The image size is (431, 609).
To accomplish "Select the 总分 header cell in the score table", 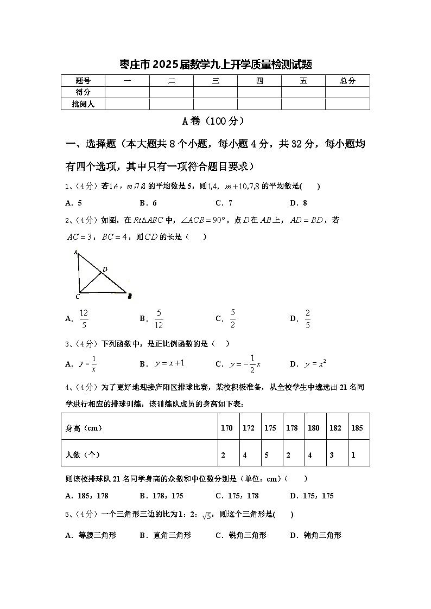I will point(347,81).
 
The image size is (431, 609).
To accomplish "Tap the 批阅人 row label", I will point(83,104).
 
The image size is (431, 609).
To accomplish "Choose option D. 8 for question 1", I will point(299,203).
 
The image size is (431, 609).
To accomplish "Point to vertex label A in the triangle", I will point(75,252).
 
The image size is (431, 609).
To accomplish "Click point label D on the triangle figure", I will point(105,269).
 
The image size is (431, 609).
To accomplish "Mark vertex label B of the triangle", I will point(130,296).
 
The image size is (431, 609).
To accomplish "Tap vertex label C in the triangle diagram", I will point(78,297).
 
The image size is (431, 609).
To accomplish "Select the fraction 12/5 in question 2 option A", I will point(84,319).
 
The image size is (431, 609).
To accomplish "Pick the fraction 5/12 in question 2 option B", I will point(159,319).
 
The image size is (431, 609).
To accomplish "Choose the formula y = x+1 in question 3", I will point(170,363).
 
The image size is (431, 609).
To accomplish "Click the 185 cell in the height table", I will point(357,428).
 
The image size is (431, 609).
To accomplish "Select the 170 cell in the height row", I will point(227,428).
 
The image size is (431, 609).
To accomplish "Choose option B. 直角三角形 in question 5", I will point(165,535).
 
